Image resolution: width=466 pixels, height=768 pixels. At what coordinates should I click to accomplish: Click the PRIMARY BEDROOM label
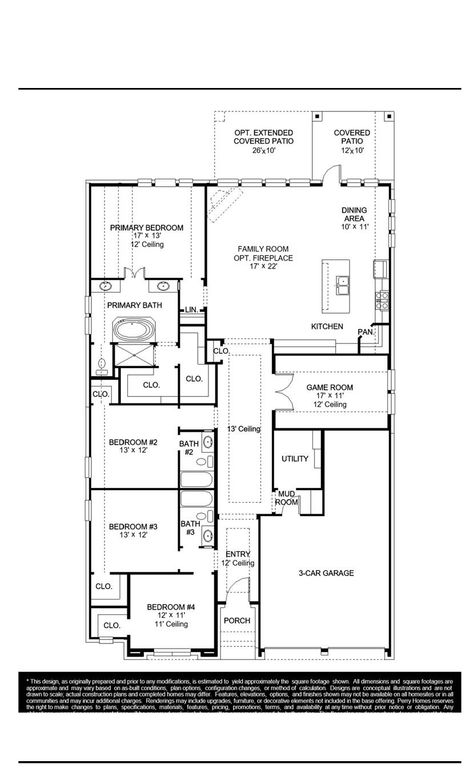pyautogui.click(x=147, y=227)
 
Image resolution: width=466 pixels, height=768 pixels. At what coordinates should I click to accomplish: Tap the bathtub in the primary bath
pyautogui.click(x=129, y=328)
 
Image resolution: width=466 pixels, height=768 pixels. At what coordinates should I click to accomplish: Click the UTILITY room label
pyautogui.click(x=294, y=458)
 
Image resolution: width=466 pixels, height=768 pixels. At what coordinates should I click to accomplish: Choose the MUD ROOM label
pyautogui.click(x=287, y=497)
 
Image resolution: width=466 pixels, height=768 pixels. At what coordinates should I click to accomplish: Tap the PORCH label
pyautogui.click(x=237, y=620)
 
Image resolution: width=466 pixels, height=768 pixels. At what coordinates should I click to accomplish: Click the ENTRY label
pyautogui.click(x=237, y=554)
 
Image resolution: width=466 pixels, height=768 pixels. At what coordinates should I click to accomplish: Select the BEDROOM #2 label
pyautogui.click(x=133, y=442)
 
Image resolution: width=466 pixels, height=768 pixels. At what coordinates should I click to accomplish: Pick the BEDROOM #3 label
pyautogui.click(x=133, y=526)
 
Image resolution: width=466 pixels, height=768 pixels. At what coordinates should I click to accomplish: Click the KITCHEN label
pyautogui.click(x=327, y=327)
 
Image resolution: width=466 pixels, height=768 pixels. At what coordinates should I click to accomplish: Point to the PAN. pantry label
pyautogui.click(x=366, y=331)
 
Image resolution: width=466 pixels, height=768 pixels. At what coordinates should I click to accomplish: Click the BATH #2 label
pyautogui.click(x=189, y=447)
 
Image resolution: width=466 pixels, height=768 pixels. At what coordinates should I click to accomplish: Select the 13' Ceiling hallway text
pyautogui.click(x=243, y=429)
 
